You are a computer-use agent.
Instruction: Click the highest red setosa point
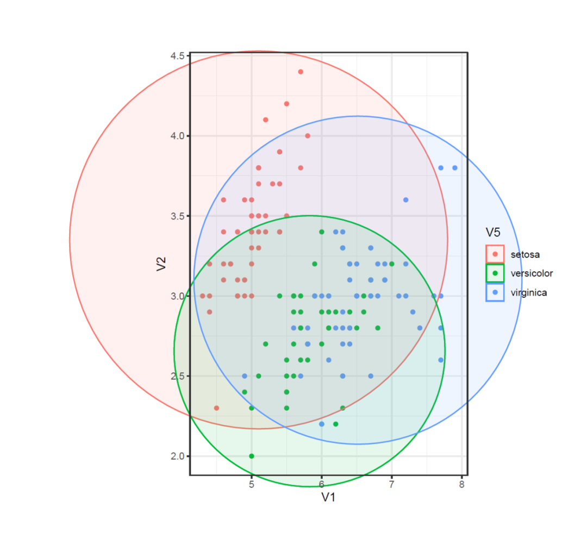point(301,72)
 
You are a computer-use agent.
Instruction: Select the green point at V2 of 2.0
point(251,456)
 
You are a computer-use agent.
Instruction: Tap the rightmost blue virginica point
point(455,167)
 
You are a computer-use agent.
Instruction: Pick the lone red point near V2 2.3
point(216,408)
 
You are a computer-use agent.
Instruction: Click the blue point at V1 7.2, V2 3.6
point(405,200)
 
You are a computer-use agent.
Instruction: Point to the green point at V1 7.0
point(391,264)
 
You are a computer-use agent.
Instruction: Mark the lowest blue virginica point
point(321,424)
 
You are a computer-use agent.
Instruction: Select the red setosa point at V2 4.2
point(286,104)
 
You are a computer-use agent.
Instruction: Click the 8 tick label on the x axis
point(461,484)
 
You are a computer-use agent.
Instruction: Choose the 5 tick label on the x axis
point(251,484)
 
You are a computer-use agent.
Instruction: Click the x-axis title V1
point(328,497)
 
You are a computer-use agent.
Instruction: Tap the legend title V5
point(493,233)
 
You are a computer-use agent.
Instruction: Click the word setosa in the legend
point(524,254)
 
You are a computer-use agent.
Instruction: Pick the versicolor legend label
point(532,273)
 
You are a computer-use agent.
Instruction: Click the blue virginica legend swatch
point(495,293)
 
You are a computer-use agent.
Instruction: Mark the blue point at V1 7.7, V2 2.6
point(441,360)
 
